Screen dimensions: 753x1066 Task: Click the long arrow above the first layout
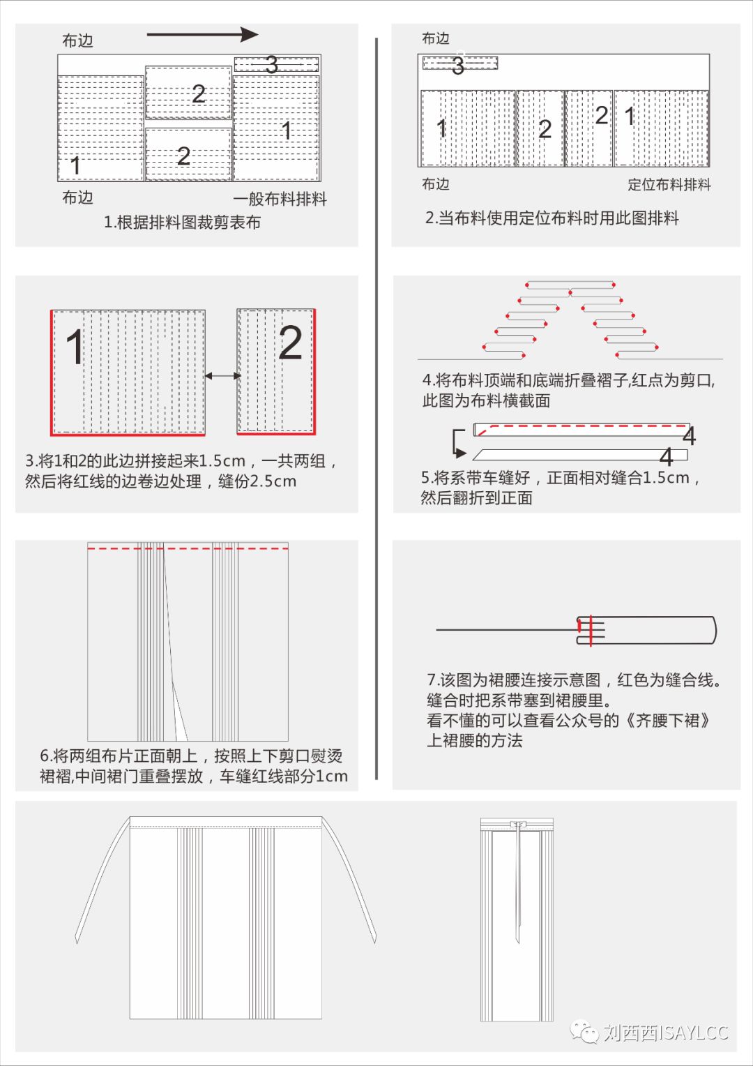tap(202, 34)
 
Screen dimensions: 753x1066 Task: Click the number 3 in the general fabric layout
tap(272, 65)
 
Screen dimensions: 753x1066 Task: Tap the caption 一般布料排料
tap(280, 200)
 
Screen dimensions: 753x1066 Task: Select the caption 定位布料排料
tap(669, 185)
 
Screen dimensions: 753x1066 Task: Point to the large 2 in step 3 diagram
tap(291, 343)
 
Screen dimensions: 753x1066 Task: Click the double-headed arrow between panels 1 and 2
tap(222, 375)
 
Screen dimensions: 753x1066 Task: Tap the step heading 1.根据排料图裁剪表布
tap(182, 223)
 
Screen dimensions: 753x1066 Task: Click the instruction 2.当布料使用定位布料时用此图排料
tap(552, 218)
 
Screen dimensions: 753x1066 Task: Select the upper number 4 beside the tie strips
tap(689, 437)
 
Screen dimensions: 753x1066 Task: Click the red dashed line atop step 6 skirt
tap(188, 548)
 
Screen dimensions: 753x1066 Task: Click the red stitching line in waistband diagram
tap(591, 630)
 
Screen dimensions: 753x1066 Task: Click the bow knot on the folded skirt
tap(518, 825)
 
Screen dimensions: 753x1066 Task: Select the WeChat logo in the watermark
tap(584, 1032)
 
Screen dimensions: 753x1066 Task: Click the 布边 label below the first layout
tap(77, 198)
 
